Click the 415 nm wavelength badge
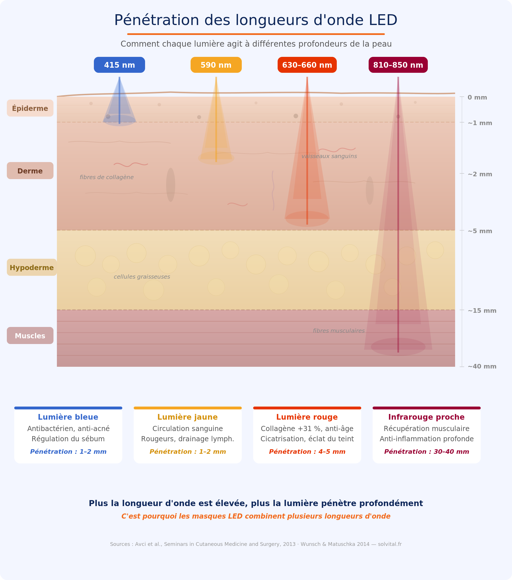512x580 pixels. pos(119,65)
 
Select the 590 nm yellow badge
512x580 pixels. pos(216,65)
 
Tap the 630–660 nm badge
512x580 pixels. pos(307,65)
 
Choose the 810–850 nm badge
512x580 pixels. pos(398,65)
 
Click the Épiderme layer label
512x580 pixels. pos(30,108)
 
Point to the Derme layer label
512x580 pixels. pos(30,171)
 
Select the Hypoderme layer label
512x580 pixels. pos(32,267)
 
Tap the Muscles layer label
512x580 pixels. pos(30,335)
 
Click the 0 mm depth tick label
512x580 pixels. pos(477,97)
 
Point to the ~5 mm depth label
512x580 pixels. pos(480,231)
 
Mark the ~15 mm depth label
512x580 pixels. pos(482,310)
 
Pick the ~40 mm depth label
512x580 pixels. pos(482,366)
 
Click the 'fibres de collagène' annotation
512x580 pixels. pos(107,177)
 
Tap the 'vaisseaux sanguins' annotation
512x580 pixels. pos(329,156)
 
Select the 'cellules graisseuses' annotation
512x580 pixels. pos(142,277)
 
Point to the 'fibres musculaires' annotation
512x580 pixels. pos(339,331)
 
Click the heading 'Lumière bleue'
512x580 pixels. pos(68,417)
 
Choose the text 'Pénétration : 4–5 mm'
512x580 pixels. pos(307,451)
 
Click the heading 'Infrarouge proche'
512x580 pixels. pos(426,417)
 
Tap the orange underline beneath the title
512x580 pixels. pos(256,34)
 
